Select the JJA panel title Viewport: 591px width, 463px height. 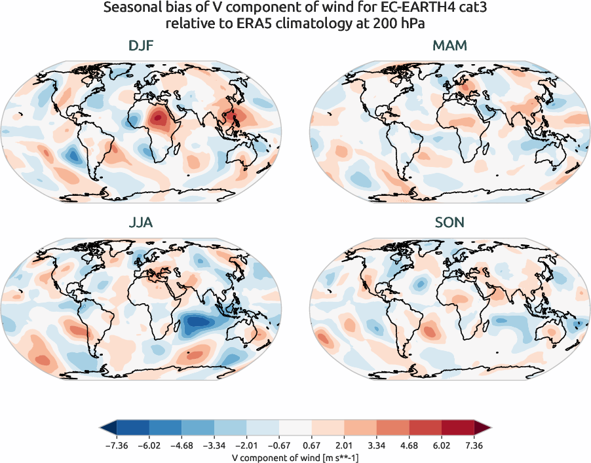(142, 223)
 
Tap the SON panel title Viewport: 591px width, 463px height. (449, 223)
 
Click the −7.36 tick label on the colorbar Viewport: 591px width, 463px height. (115, 446)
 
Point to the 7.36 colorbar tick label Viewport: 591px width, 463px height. (474, 446)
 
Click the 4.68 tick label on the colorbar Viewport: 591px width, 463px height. (409, 446)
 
